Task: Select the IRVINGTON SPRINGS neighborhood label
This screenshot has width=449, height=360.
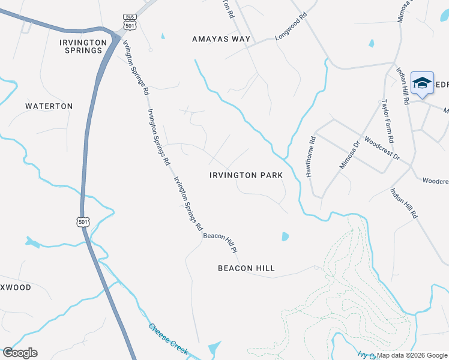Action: pyautogui.click(x=83, y=46)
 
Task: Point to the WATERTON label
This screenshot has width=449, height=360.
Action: pyautogui.click(x=49, y=106)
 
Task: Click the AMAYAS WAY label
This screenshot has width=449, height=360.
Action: pyautogui.click(x=221, y=39)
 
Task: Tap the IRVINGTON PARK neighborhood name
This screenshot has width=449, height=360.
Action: pyautogui.click(x=246, y=176)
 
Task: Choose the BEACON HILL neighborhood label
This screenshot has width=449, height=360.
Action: pyautogui.click(x=246, y=268)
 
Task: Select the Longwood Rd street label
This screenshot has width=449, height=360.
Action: pyautogui.click(x=291, y=28)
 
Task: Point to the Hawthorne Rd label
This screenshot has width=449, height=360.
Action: pyautogui.click(x=311, y=158)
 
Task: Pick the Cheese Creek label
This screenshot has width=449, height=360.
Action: pyautogui.click(x=168, y=338)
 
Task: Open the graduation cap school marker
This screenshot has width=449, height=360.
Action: pyautogui.click(x=422, y=84)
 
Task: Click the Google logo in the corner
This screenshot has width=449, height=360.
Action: pyautogui.click(x=20, y=353)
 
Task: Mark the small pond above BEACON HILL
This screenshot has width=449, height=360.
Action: pyautogui.click(x=285, y=236)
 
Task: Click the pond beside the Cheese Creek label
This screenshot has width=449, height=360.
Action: pyautogui.click(x=214, y=348)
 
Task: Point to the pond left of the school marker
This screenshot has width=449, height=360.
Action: pyautogui.click(x=372, y=43)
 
